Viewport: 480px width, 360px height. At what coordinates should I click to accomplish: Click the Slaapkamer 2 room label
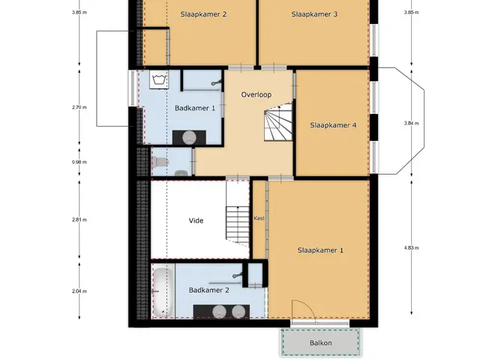click(x=203, y=14)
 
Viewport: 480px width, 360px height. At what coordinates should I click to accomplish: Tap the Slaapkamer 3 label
click(x=314, y=14)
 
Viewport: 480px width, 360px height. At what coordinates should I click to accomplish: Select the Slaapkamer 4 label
click(x=333, y=125)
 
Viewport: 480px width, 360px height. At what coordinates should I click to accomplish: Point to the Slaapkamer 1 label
click(x=320, y=250)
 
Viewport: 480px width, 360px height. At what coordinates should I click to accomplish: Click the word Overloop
click(x=256, y=95)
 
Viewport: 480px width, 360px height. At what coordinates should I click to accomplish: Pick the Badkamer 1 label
click(x=195, y=108)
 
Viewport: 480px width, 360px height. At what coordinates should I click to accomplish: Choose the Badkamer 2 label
click(x=208, y=290)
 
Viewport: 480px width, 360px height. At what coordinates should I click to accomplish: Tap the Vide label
click(x=196, y=220)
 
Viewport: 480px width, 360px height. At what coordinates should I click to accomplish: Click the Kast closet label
click(x=259, y=218)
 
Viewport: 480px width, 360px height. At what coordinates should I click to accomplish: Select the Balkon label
click(x=320, y=343)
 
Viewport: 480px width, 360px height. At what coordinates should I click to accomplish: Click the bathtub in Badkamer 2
click(x=163, y=292)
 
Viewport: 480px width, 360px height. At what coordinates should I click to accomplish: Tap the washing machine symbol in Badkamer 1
click(x=159, y=79)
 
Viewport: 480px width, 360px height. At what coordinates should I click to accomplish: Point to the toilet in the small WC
click(x=160, y=162)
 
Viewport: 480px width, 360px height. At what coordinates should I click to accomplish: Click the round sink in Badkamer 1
click(x=189, y=137)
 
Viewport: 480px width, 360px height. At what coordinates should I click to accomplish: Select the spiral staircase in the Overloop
click(x=278, y=121)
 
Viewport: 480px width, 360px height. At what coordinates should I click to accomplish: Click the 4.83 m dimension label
click(x=411, y=248)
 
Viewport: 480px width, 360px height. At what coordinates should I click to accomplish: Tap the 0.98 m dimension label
click(x=79, y=162)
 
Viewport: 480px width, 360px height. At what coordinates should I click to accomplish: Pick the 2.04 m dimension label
click(x=79, y=292)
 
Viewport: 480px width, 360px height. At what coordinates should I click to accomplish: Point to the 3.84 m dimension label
click(x=411, y=123)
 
